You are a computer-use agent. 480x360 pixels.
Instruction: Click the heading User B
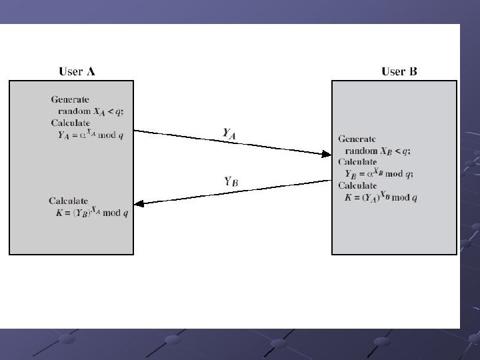pyautogui.click(x=399, y=71)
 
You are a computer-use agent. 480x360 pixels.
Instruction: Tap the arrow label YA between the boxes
pyautogui.click(x=229, y=134)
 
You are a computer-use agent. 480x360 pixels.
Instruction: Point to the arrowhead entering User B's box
pyautogui.click(x=327, y=155)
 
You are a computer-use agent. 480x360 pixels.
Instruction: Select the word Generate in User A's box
pyautogui.click(x=70, y=100)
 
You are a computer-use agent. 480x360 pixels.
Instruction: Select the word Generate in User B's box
pyautogui.click(x=357, y=139)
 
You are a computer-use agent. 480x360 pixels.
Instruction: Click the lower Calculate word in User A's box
pyautogui.click(x=69, y=201)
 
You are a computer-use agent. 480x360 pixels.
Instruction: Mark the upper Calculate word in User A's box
pyautogui.click(x=71, y=123)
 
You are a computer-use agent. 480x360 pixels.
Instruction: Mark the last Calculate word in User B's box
pyautogui.click(x=357, y=185)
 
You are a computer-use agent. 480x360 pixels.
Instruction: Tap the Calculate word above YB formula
pyautogui.click(x=357, y=162)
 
